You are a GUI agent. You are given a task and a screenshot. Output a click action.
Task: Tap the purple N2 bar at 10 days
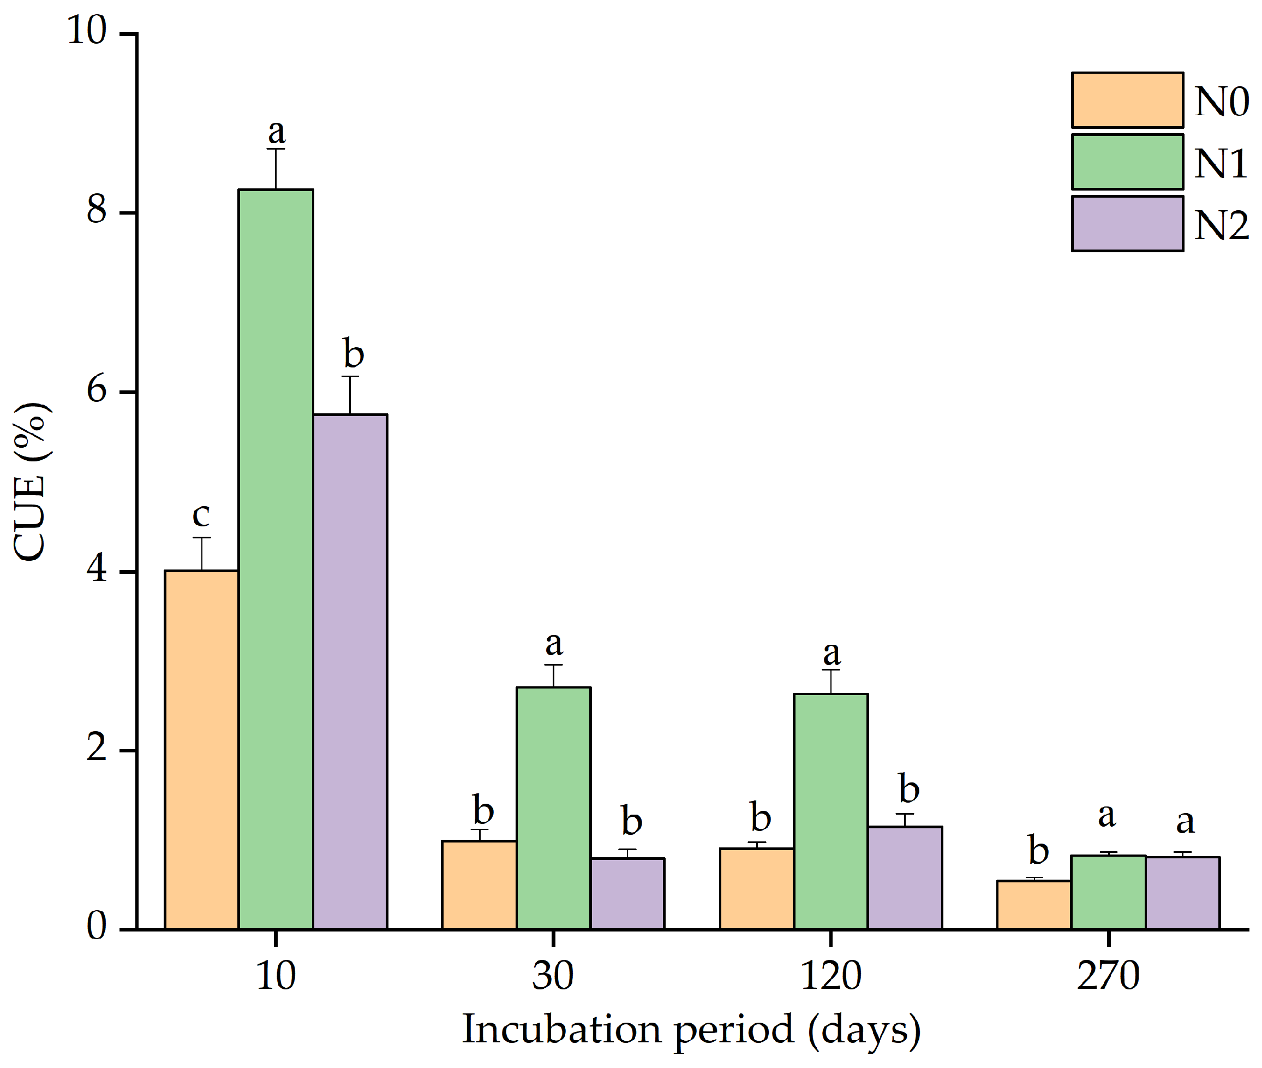pos(350,672)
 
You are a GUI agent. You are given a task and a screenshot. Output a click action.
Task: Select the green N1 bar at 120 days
pos(830,811)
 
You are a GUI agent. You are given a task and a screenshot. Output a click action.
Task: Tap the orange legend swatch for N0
pos(1127,100)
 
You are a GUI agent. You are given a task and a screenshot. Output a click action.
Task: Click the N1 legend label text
pos(1221,163)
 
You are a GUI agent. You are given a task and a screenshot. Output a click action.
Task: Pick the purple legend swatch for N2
pos(1127,223)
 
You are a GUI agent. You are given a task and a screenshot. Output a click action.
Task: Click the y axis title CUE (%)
pos(30,482)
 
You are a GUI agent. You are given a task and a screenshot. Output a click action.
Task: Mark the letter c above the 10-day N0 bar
pos(201,515)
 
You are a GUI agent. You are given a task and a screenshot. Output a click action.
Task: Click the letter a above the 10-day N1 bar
pos(277,131)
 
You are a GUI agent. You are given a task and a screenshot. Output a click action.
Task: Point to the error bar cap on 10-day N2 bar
pos(350,377)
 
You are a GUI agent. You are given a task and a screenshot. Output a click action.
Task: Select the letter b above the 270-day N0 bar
pos(1038,851)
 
